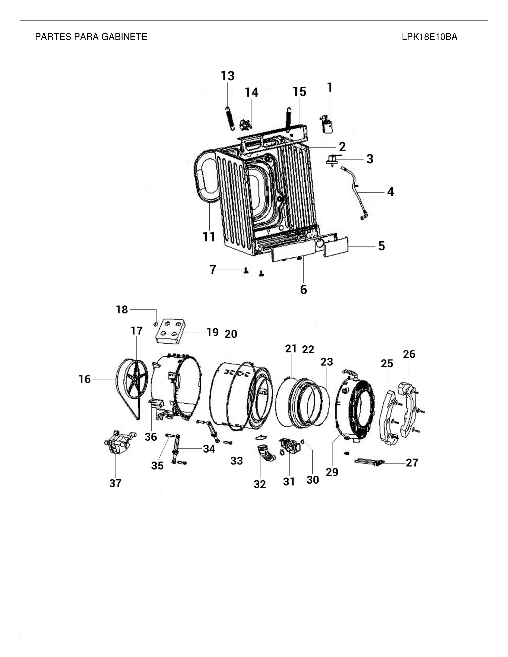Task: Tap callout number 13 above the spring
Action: pyautogui.click(x=228, y=76)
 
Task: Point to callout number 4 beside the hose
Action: pyautogui.click(x=390, y=192)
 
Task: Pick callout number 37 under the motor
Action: pyautogui.click(x=115, y=483)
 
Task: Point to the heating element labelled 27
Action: pyautogui.click(x=370, y=462)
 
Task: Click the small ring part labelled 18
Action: pyautogui.click(x=156, y=324)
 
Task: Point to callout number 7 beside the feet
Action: pyautogui.click(x=213, y=270)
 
